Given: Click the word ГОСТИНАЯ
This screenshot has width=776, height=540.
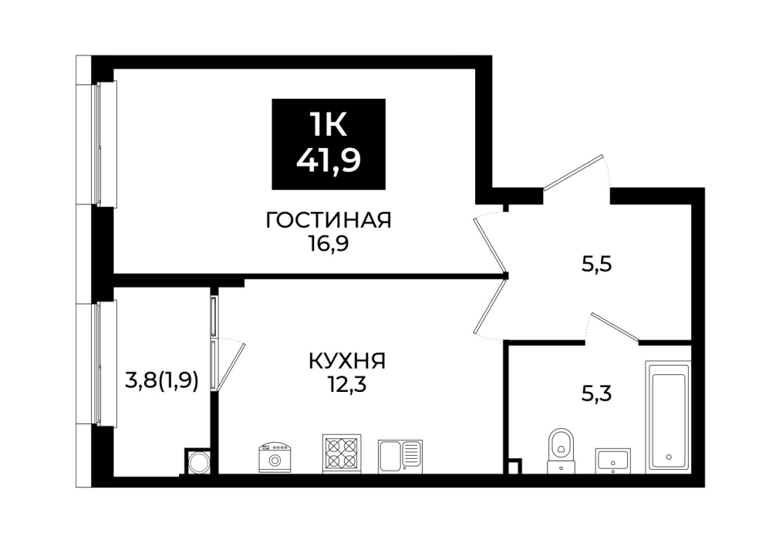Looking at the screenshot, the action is pos(329,221).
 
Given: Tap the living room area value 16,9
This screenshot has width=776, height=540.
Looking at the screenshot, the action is pos(328,244).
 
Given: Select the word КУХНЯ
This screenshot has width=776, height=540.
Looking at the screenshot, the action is pos(347,361).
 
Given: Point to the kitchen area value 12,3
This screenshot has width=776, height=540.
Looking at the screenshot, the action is pos(346,384).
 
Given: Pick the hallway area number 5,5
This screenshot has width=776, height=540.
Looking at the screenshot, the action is pos(597,265).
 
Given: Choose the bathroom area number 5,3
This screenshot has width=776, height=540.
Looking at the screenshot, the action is pos(596,394).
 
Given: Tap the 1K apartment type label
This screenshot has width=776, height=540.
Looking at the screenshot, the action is pos(328,124).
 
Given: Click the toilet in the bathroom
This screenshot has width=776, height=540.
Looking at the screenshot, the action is pos(561,451).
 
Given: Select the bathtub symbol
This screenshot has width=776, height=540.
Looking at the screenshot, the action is pos(668,417).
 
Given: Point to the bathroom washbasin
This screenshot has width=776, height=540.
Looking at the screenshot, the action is pos(612,461).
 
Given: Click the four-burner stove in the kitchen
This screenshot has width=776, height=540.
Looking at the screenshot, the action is pos(342,454).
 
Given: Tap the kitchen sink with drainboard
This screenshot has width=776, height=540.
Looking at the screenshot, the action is pos(400,456).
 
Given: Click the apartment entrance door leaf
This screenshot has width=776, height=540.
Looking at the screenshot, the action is pos(574,173).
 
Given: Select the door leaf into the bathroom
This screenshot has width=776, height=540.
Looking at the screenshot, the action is pos(615,328).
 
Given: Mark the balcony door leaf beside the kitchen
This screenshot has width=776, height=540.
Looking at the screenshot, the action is pos(230,366).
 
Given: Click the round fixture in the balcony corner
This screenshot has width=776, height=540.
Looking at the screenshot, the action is pos(200,462).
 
